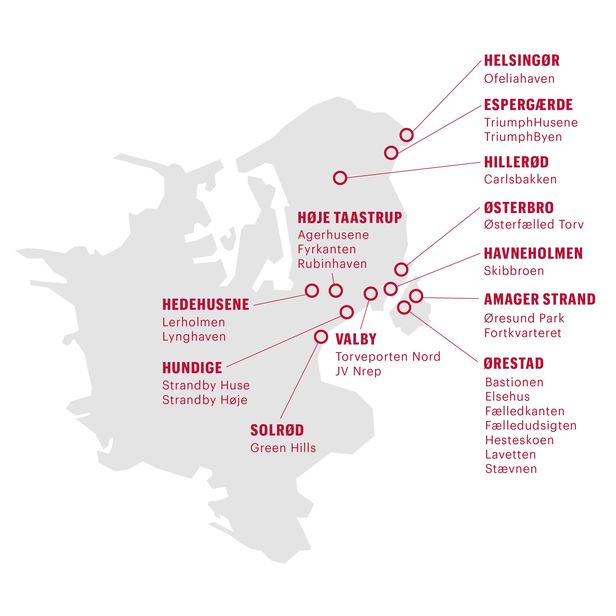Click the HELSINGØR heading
coord(522,61)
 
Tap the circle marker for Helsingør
coord(407,135)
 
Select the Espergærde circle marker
coord(391,153)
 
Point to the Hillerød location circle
coord(340,178)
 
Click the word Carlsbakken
coord(520,179)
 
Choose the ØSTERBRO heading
coord(519,208)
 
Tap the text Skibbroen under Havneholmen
coord(514,271)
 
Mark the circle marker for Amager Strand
coord(416,296)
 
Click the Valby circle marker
coord(371,293)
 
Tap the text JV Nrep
coord(358,371)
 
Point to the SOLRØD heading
coord(277,430)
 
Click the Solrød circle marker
coord(321,337)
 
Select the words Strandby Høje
coord(205,400)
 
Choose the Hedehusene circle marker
coord(312,291)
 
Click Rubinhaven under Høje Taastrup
coord(332,264)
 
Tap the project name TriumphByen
coord(523,137)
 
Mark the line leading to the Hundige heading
coord(284,341)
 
